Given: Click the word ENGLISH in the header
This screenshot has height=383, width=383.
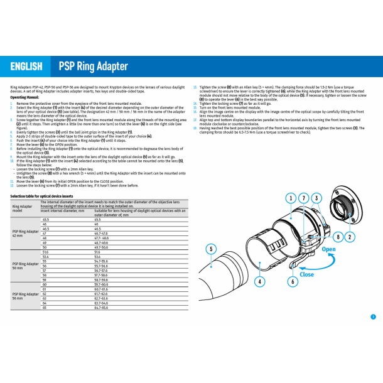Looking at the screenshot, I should tap(26, 67).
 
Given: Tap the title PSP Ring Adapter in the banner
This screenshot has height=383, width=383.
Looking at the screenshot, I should tap(93, 67).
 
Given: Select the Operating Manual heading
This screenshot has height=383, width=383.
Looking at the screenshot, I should tap(24, 98).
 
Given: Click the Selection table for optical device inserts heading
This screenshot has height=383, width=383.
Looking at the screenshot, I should tap(41, 196).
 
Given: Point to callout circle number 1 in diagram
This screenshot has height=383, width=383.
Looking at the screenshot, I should tap(291, 198).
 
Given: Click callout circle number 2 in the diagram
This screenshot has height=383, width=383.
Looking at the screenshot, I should tap(350, 237).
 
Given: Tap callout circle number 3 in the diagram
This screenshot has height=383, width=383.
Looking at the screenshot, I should tap(316, 198).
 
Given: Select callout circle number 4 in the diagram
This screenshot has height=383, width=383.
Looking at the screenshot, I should tap(259, 282).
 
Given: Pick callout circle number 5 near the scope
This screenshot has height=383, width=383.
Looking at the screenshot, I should tap(211, 249).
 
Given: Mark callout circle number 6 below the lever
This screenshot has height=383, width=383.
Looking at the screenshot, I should tap(293, 282).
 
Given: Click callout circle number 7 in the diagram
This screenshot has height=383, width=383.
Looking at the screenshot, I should tap(303, 198).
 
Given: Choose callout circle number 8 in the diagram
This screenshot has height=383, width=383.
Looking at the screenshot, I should tap(337, 237).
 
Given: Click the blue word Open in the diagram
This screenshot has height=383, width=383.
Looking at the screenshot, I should tap(329, 249).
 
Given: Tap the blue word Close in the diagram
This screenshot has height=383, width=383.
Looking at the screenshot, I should tap(306, 274).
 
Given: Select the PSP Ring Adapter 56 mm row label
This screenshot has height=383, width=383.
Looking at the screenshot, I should tap(25, 296).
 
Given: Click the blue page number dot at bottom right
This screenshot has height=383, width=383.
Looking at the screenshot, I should tap(372, 316).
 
